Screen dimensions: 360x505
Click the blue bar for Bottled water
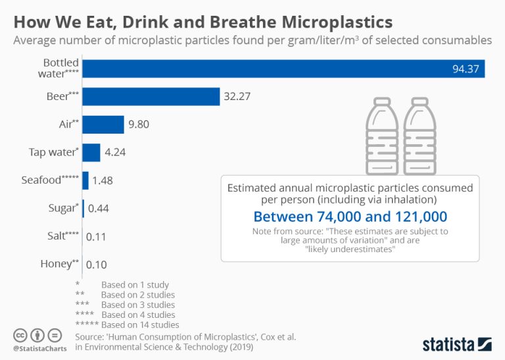click(x=283, y=68)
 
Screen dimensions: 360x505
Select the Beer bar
click(x=151, y=96)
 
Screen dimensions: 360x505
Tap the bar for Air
click(x=103, y=124)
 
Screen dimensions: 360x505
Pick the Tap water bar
click(x=91, y=152)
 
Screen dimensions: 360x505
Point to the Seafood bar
click(x=85, y=180)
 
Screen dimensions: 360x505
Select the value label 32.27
click(x=238, y=97)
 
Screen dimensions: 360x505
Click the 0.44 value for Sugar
click(x=98, y=208)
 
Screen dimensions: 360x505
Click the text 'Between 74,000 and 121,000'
click(x=350, y=217)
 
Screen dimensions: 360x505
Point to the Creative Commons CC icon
click(x=20, y=334)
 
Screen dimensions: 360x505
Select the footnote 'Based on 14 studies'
click(x=139, y=324)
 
